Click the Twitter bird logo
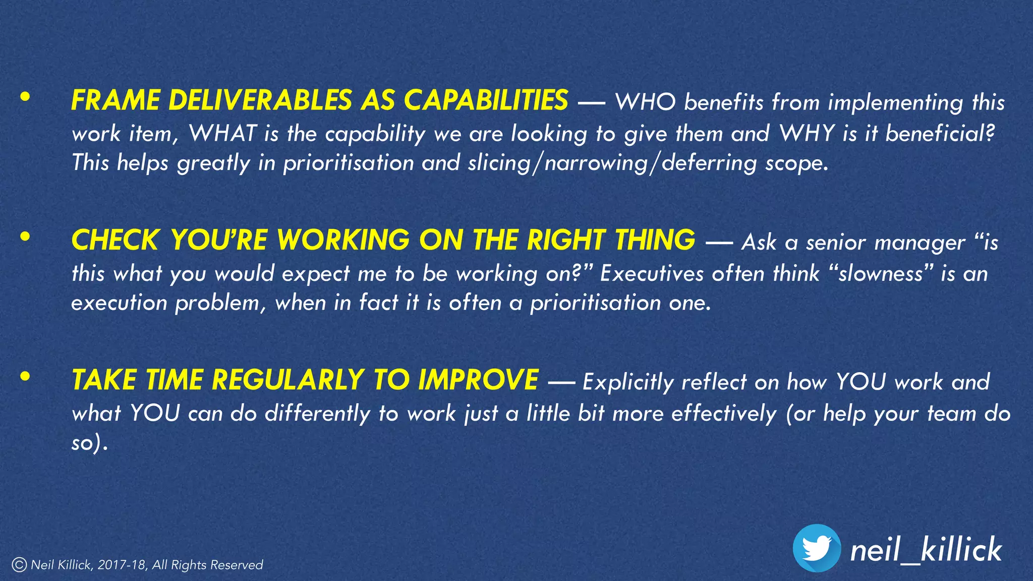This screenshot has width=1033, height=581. (x=817, y=548)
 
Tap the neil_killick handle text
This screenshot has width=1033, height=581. (x=926, y=550)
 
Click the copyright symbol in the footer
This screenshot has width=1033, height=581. (x=19, y=565)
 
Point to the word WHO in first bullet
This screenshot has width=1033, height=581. (x=645, y=102)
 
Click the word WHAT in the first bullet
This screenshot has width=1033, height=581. (x=222, y=134)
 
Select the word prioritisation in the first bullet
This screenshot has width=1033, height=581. (x=349, y=163)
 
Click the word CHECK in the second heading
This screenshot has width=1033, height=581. (x=116, y=240)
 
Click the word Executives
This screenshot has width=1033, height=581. (x=652, y=274)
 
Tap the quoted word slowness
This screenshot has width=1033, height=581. (x=881, y=274)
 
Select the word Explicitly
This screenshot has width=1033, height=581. (x=627, y=382)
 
